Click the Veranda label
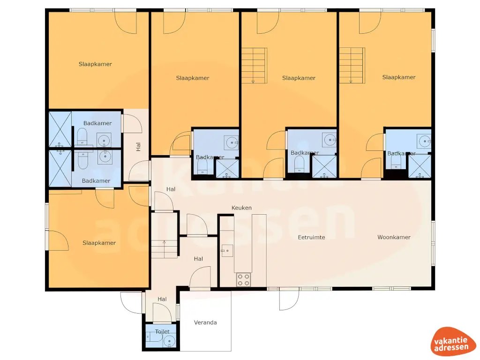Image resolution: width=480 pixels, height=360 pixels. (x=206, y=322)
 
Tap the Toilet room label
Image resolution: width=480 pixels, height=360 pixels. (x=162, y=331)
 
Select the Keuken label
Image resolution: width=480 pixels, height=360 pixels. (x=242, y=208)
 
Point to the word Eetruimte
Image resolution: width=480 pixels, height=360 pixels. (x=311, y=237)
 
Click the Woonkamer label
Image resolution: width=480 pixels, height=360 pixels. (x=394, y=237)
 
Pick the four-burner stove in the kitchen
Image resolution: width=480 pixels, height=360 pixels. (x=243, y=280)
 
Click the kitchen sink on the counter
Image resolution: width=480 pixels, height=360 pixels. (x=227, y=251)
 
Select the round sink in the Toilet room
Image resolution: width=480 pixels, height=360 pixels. (x=169, y=340)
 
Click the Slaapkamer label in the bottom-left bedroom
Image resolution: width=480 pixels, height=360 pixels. (x=99, y=243)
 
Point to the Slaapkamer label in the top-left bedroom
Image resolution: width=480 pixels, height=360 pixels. (x=95, y=64)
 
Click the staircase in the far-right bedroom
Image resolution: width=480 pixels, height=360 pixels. (x=352, y=66)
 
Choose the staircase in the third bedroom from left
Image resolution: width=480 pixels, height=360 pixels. (x=254, y=66)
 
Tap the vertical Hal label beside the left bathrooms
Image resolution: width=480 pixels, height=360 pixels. (x=138, y=147)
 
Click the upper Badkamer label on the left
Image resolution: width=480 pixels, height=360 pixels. (x=97, y=123)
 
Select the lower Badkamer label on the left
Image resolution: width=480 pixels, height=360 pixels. (x=96, y=181)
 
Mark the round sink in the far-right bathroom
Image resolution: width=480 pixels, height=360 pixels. (x=425, y=139)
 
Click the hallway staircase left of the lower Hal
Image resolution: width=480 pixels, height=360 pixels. (x=164, y=248)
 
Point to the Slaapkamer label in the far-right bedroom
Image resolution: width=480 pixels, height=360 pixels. (x=398, y=77)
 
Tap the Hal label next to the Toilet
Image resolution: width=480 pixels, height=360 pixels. (x=162, y=299)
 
